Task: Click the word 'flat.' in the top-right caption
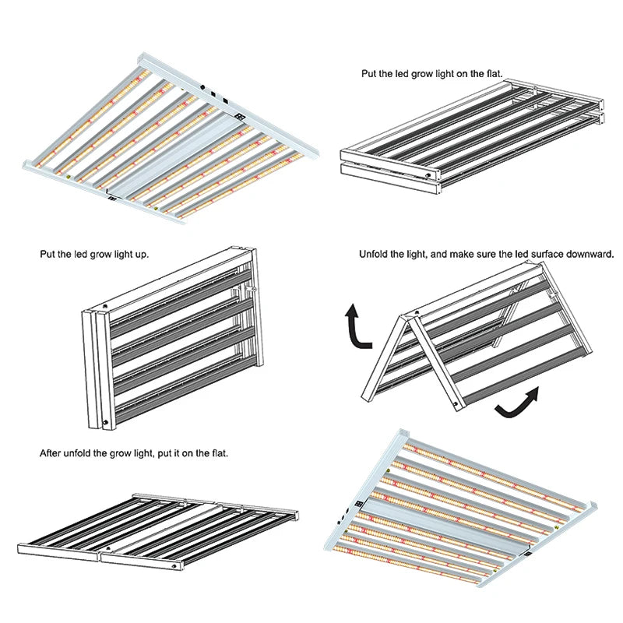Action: [x=493, y=73]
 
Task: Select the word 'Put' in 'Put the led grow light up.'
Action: [x=48, y=254]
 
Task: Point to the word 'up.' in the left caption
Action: [x=142, y=255]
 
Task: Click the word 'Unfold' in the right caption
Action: [x=373, y=254]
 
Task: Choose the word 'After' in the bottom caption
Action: [x=51, y=453]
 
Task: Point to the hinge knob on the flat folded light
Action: [x=428, y=174]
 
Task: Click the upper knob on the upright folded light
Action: [x=105, y=306]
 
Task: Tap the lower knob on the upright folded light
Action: [x=106, y=423]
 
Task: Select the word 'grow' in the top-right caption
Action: [x=423, y=74]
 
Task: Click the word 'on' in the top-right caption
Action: [x=462, y=74]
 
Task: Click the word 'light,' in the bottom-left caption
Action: [x=143, y=453]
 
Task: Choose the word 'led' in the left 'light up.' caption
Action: [x=81, y=254]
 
